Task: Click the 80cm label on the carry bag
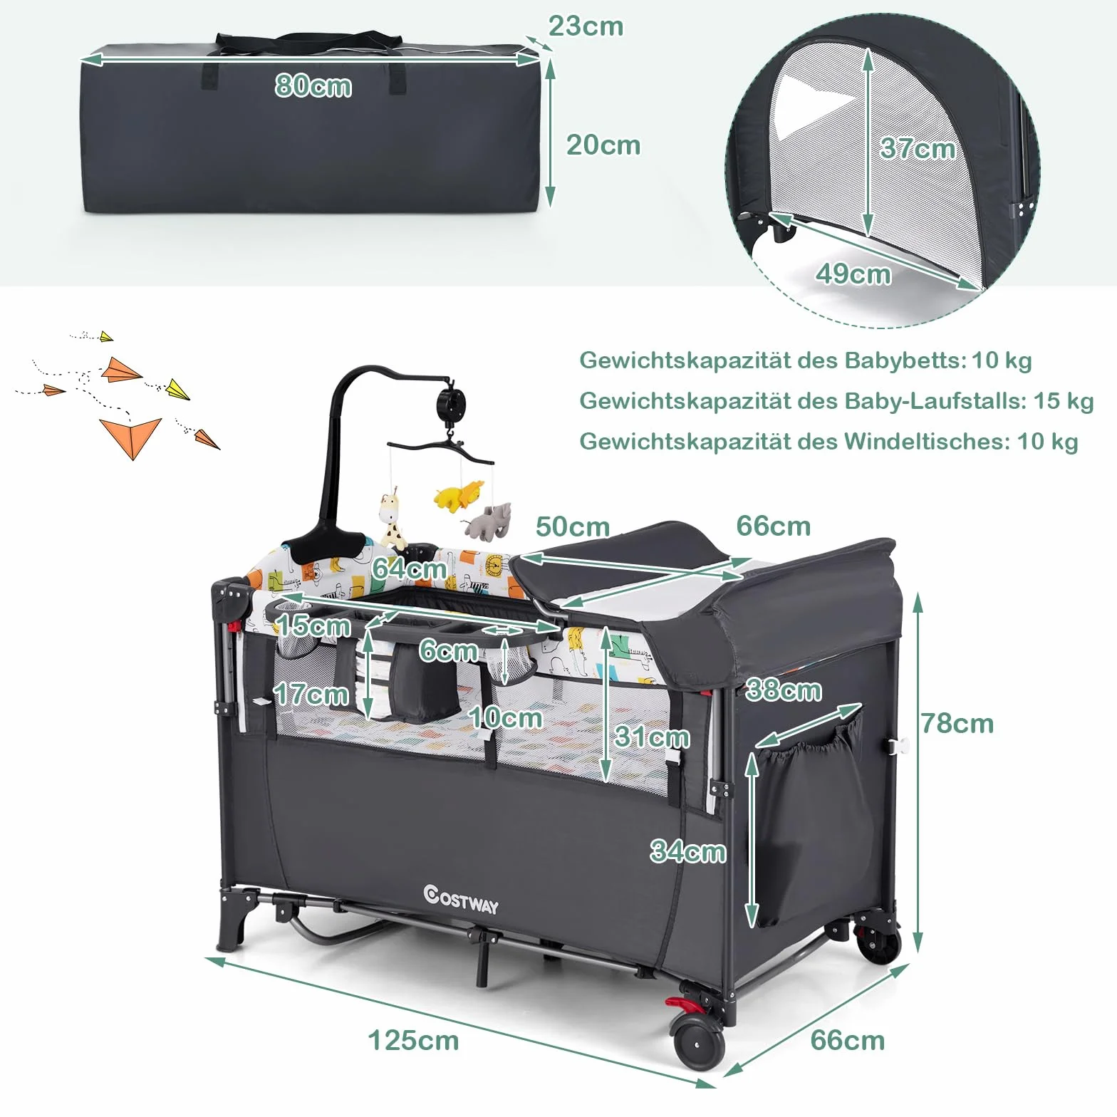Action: click(x=313, y=86)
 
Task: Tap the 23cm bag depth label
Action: click(x=586, y=26)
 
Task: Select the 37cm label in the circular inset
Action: click(x=918, y=148)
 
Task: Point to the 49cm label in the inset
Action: click(x=853, y=274)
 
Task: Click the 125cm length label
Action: click(x=413, y=1041)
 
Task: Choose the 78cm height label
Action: click(x=957, y=724)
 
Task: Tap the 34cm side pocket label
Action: click(x=688, y=851)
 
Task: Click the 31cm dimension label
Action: click(x=652, y=737)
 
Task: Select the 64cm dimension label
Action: click(x=409, y=568)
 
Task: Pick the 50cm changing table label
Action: click(x=573, y=527)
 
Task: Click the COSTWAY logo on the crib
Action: click(x=461, y=899)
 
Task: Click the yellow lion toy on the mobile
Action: click(x=458, y=495)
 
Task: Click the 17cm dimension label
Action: click(x=311, y=695)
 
